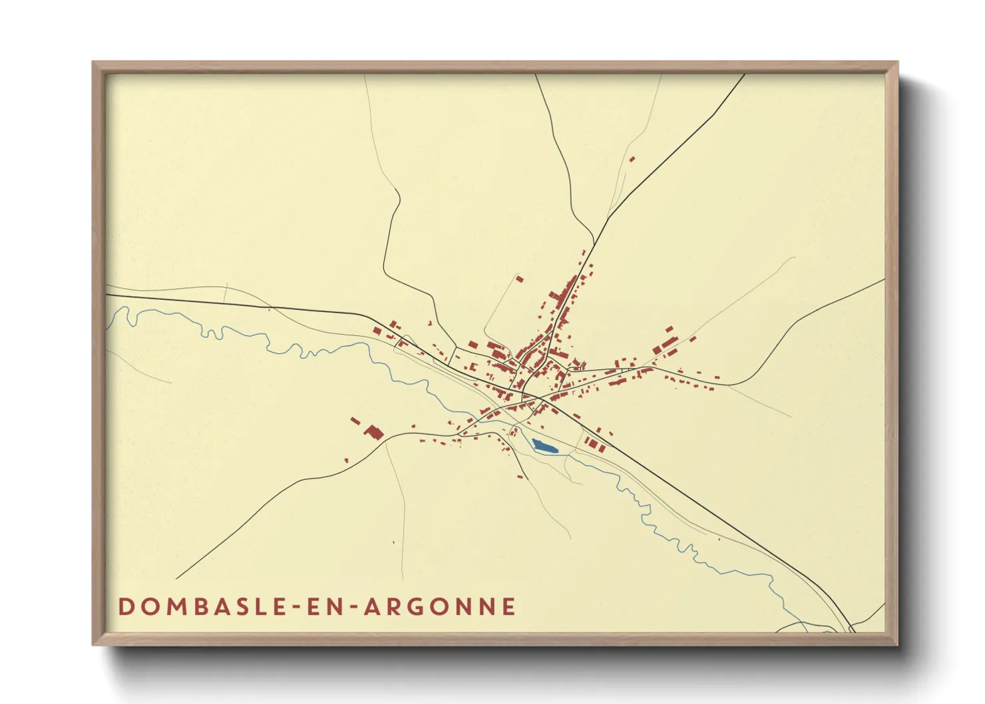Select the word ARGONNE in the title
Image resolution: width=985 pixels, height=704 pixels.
click(x=440, y=607)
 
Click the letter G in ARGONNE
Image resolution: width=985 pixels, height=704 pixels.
click(x=417, y=607)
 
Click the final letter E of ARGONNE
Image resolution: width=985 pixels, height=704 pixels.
click(x=509, y=607)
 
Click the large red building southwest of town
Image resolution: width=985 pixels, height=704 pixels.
click(x=374, y=433)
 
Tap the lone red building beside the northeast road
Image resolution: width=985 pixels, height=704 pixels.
click(x=632, y=159)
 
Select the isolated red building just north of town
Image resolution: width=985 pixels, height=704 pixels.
click(x=520, y=279)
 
